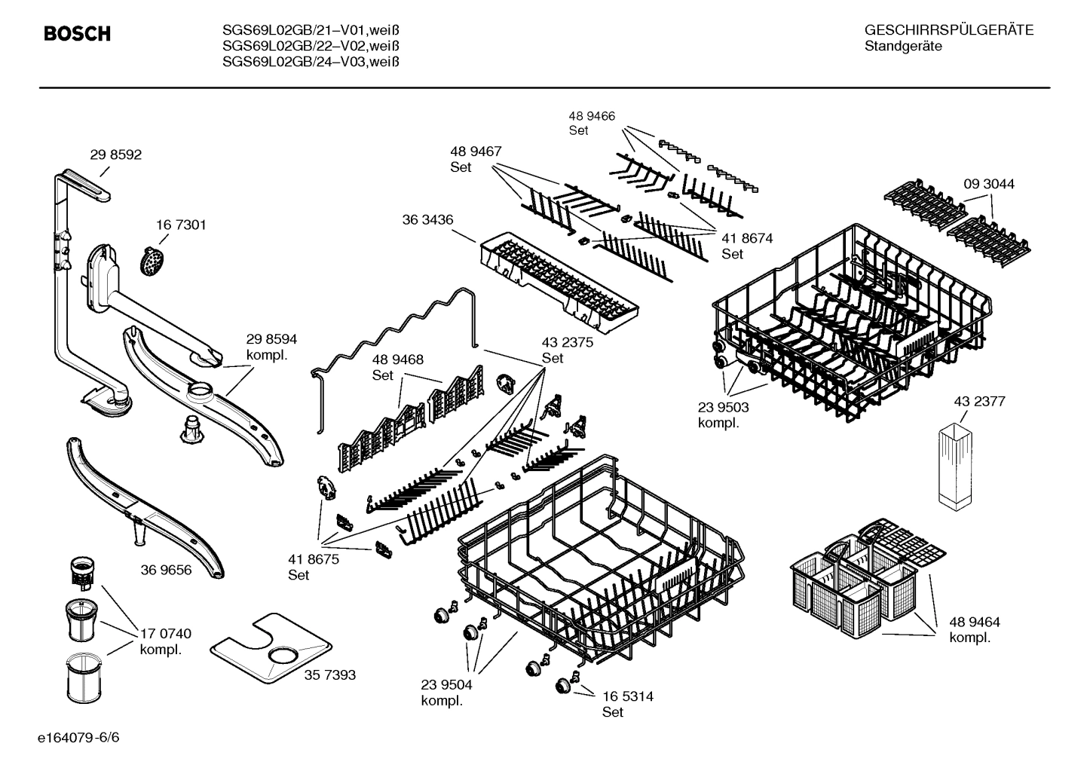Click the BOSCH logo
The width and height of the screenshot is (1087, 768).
[x=77, y=34]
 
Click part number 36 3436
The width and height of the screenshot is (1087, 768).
[x=427, y=219]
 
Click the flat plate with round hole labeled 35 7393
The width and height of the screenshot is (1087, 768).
[x=271, y=647]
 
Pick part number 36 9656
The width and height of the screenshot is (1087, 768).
[x=166, y=570]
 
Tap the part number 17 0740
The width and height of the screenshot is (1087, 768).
[x=165, y=633]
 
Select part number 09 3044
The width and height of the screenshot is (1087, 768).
[x=989, y=184]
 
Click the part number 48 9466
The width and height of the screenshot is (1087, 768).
[x=591, y=116]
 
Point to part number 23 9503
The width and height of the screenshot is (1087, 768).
[x=723, y=407]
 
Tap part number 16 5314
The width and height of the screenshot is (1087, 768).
[x=627, y=696]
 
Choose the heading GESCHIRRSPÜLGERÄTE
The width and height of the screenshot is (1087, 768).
[x=948, y=30]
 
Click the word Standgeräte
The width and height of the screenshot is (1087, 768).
[x=903, y=47]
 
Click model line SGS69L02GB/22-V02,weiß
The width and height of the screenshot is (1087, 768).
[x=311, y=46]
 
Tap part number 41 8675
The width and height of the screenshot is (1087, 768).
[x=314, y=559]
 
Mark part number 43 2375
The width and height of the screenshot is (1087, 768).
[x=567, y=342]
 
